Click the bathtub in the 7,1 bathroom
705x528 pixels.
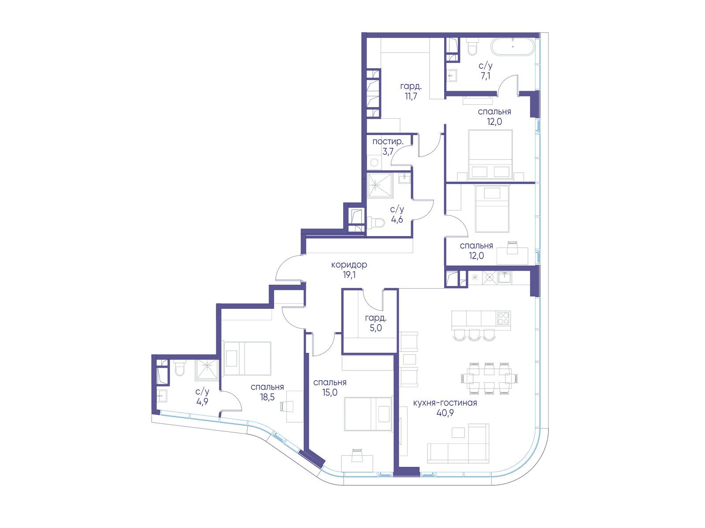[512, 47]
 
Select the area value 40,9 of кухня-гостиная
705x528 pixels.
[445, 413]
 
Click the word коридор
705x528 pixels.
[349, 265]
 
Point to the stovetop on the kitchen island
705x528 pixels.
[503, 318]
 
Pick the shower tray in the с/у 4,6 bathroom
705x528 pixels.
[380, 185]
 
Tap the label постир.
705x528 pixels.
[388, 141]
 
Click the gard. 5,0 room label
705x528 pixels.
[375, 323]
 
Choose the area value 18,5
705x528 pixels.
[267, 397]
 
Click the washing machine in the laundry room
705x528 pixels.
[374, 162]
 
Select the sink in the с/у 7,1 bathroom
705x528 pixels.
[452, 76]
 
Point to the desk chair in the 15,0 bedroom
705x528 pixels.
[357, 455]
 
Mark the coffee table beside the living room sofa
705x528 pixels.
[458, 433]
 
